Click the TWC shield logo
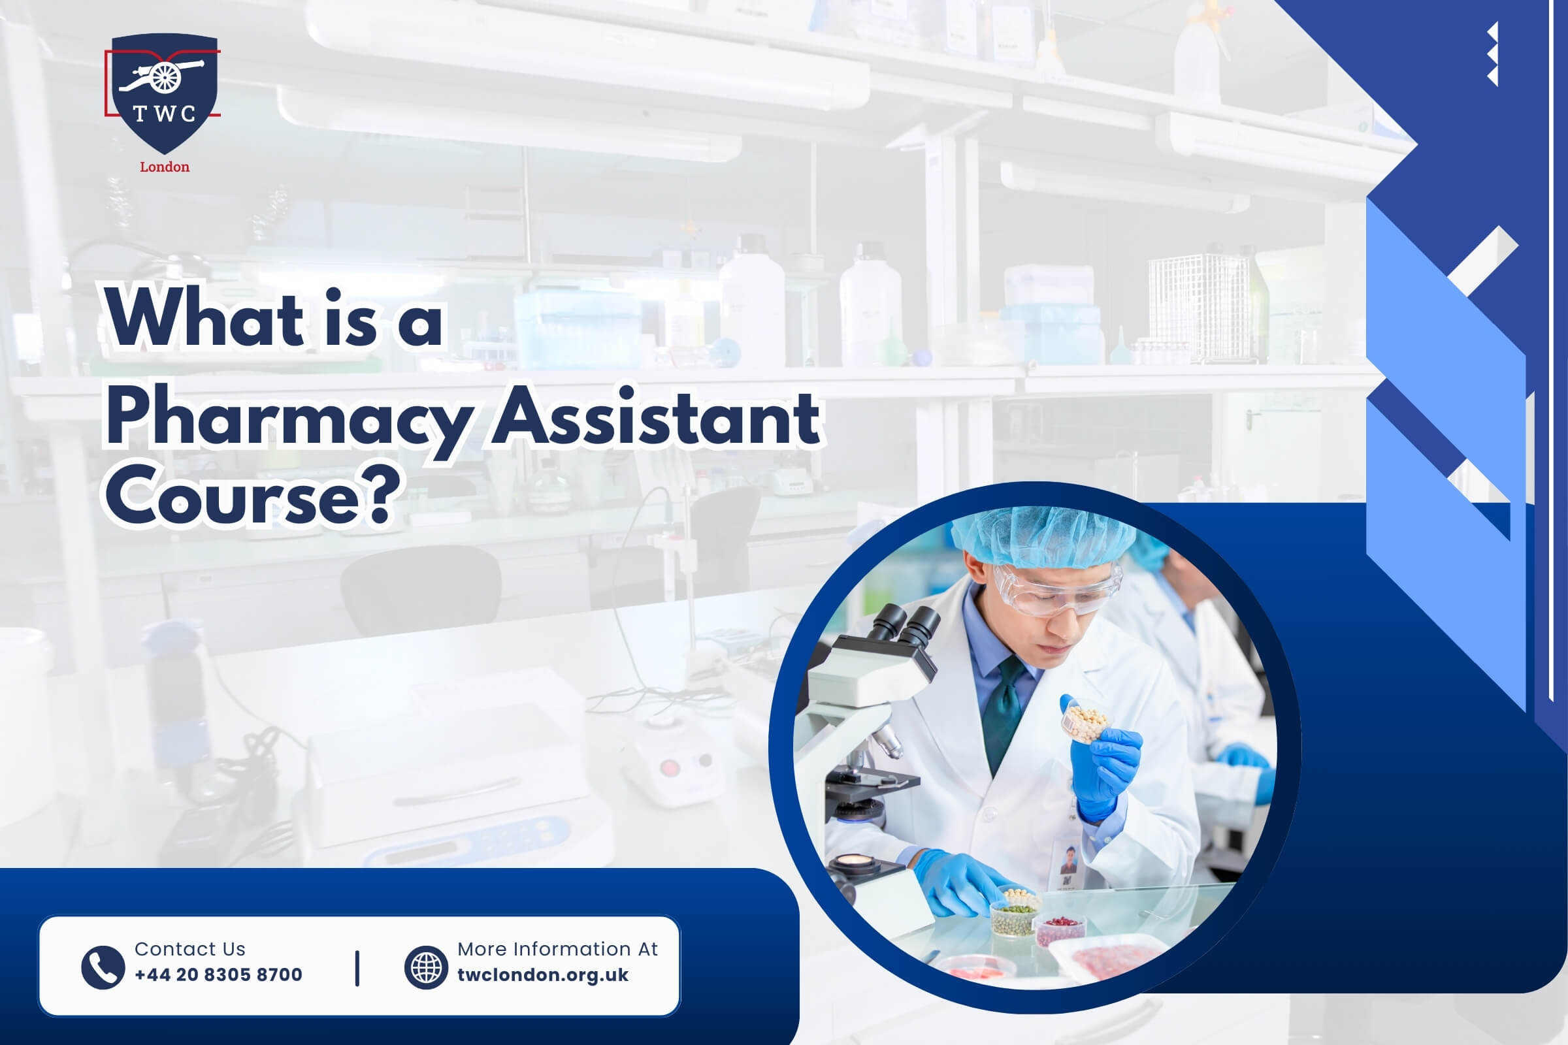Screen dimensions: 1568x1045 163,93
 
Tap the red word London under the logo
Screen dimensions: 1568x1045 165,167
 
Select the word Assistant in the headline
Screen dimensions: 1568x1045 657,417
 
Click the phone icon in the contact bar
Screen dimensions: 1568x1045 103,967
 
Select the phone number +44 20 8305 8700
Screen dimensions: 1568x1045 219,975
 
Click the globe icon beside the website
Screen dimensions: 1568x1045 426,967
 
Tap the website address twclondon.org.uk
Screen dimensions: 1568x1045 543,975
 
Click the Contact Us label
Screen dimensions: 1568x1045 190,948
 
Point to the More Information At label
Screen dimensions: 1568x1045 557,948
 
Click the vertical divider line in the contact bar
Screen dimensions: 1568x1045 357,968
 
